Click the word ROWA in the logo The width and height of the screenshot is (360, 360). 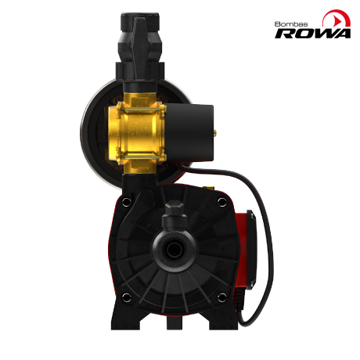coord(312,34)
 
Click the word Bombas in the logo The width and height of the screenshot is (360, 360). coord(291,24)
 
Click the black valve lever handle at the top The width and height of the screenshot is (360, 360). coord(141,47)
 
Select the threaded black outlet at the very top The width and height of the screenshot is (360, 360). coord(139,21)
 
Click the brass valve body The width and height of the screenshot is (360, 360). coord(136,132)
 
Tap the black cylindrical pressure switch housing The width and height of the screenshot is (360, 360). coord(189,133)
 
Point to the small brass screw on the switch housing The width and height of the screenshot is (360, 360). coord(215,133)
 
